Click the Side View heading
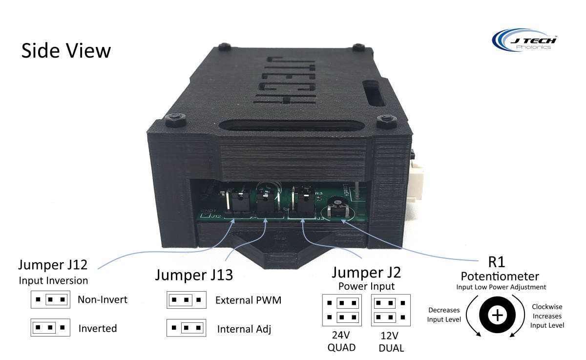[66, 51]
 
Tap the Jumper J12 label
[53, 265]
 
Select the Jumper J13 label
[194, 275]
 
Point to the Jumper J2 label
[367, 272]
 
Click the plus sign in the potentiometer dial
[497, 316]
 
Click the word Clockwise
[547, 307]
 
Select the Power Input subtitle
[367, 286]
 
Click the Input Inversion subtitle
[53, 280]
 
